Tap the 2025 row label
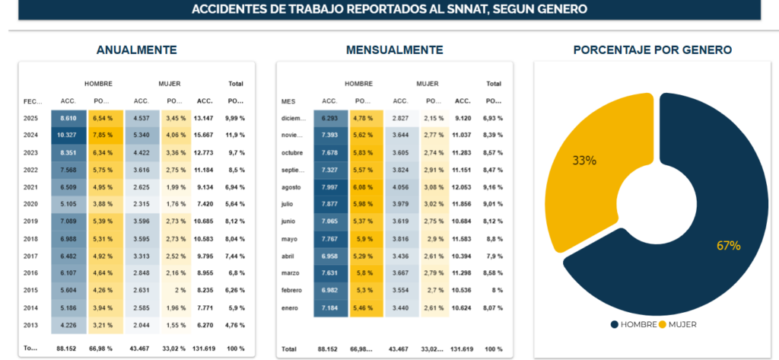coord(31,119)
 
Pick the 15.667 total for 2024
coord(203,135)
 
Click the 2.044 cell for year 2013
coord(141,326)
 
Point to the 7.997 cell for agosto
coord(329,187)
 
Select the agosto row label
coord(292,187)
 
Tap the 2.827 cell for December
coord(400,119)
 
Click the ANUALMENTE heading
coord(136,50)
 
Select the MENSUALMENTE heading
coord(394,50)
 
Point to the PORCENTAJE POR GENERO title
coord(652,50)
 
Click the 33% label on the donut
coord(584,161)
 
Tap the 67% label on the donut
coord(728,245)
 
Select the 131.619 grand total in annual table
coord(203,349)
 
